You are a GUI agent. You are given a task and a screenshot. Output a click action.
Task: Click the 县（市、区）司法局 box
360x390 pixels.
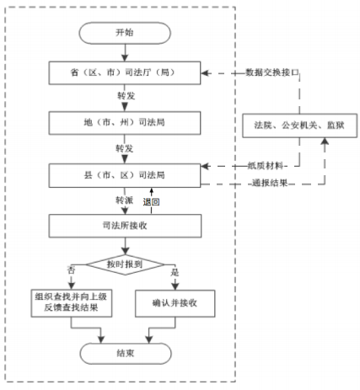tap(124, 176)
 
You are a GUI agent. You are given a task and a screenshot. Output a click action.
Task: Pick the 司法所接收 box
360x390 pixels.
tap(124, 225)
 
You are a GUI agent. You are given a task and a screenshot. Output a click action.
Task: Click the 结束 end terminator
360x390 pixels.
tap(124, 353)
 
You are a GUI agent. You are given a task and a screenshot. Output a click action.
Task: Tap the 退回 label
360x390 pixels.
tap(153, 202)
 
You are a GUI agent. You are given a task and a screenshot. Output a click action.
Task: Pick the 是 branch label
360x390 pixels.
tap(175, 270)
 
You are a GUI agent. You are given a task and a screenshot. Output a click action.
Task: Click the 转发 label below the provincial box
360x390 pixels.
tap(124, 97)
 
